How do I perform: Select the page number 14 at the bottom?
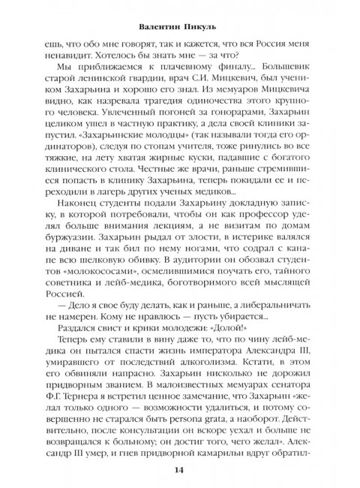coord(180,471)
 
